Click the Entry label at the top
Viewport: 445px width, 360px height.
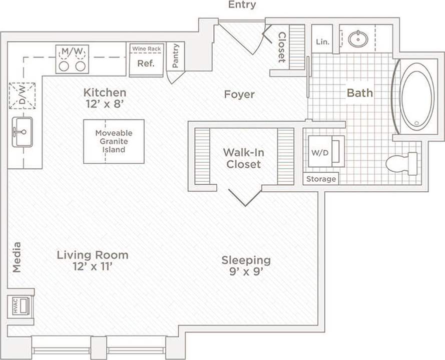242,5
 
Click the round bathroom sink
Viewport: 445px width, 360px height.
358,39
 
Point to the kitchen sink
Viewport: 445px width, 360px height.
22,132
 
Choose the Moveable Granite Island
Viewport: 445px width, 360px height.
114,141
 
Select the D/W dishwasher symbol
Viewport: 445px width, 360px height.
23,95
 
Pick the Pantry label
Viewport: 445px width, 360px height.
175,56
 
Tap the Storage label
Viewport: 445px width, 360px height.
321,179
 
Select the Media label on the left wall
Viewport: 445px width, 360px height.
17,257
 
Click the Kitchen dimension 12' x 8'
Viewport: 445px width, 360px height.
105,105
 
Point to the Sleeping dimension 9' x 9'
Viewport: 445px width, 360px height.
246,273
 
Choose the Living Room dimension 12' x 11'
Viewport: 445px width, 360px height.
92,266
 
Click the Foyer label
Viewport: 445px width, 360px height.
239,94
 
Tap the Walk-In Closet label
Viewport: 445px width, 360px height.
243,158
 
